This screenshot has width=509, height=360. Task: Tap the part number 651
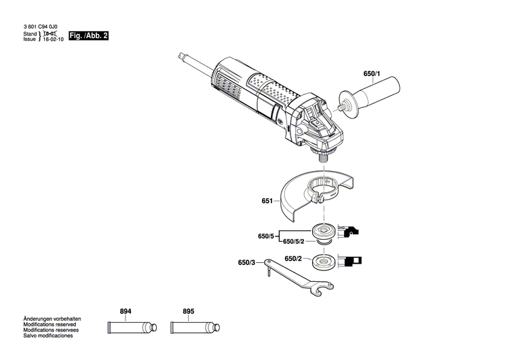[267, 202]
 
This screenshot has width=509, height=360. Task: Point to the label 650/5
[267, 236]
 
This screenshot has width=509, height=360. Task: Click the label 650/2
[294, 258]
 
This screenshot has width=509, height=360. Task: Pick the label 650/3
[247, 262]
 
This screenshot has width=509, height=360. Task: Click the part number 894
[125, 311]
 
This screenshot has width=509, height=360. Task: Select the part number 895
[188, 311]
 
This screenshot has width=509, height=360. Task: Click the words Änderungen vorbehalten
[42, 319]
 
